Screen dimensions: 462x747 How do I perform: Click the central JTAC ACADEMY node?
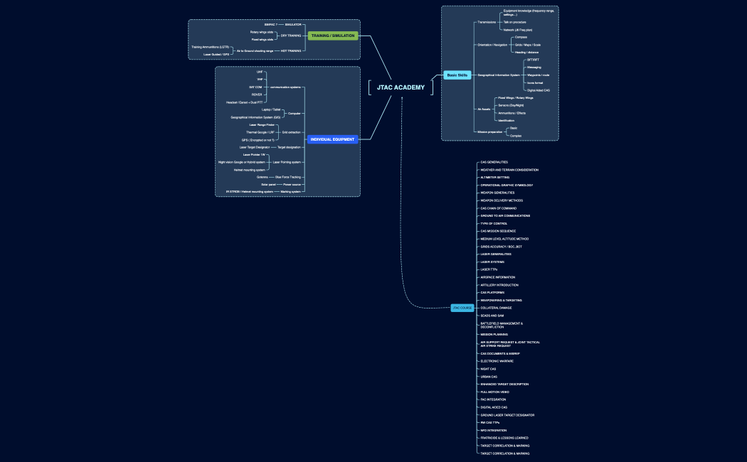click(401, 87)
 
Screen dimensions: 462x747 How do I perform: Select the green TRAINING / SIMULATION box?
click(333, 36)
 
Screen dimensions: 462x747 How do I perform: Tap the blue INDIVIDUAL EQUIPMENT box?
click(333, 139)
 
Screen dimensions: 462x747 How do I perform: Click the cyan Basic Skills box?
click(457, 75)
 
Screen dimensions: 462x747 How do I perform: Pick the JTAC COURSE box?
click(462, 308)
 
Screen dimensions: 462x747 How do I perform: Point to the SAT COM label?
click(255, 87)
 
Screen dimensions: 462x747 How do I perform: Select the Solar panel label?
click(267, 184)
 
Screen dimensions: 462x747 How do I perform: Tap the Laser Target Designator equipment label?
click(255, 147)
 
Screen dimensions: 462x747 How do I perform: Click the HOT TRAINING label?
click(291, 50)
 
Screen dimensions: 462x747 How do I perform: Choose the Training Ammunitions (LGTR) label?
click(210, 47)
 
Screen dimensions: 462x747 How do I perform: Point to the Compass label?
click(521, 37)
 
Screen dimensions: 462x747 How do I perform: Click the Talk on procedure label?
click(514, 22)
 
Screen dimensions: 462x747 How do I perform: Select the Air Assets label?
click(483, 109)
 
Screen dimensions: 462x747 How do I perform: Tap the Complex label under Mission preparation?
click(516, 135)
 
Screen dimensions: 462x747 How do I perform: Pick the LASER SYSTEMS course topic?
click(492, 262)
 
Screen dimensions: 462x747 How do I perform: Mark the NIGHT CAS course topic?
click(488, 369)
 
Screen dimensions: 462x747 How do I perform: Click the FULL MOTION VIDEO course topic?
click(496, 392)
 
